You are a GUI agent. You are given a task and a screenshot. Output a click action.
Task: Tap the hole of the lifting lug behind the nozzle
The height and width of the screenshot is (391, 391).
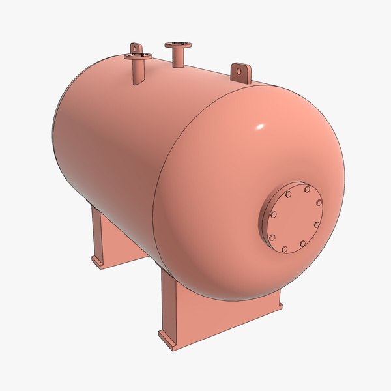(135, 48)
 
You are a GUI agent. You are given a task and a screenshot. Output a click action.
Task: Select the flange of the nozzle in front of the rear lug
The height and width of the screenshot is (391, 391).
(138, 57)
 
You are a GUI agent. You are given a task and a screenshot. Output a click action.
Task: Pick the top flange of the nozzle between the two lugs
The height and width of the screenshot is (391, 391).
(178, 45)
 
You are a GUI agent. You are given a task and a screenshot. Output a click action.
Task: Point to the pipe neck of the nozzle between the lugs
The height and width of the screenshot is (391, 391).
(178, 57)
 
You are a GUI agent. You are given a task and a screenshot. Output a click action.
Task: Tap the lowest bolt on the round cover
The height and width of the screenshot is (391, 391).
(285, 249)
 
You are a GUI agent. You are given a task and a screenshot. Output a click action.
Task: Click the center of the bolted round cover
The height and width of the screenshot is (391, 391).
(295, 219)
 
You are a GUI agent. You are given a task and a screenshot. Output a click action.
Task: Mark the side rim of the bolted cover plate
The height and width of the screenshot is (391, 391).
(263, 222)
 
